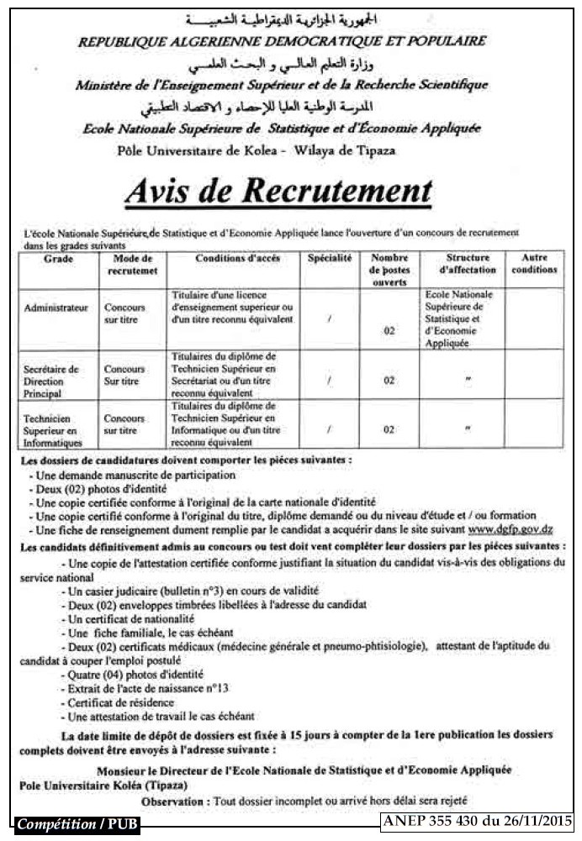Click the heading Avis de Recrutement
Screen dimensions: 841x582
pos(278,191)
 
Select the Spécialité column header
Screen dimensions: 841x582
pos(329,259)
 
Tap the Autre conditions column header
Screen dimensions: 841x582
pos(534,265)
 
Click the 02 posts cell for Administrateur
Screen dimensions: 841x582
pos(389,331)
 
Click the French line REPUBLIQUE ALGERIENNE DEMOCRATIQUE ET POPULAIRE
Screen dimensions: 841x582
pos(283,40)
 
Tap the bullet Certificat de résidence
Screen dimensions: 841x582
pos(122,702)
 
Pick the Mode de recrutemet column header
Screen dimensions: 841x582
pos(133,265)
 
